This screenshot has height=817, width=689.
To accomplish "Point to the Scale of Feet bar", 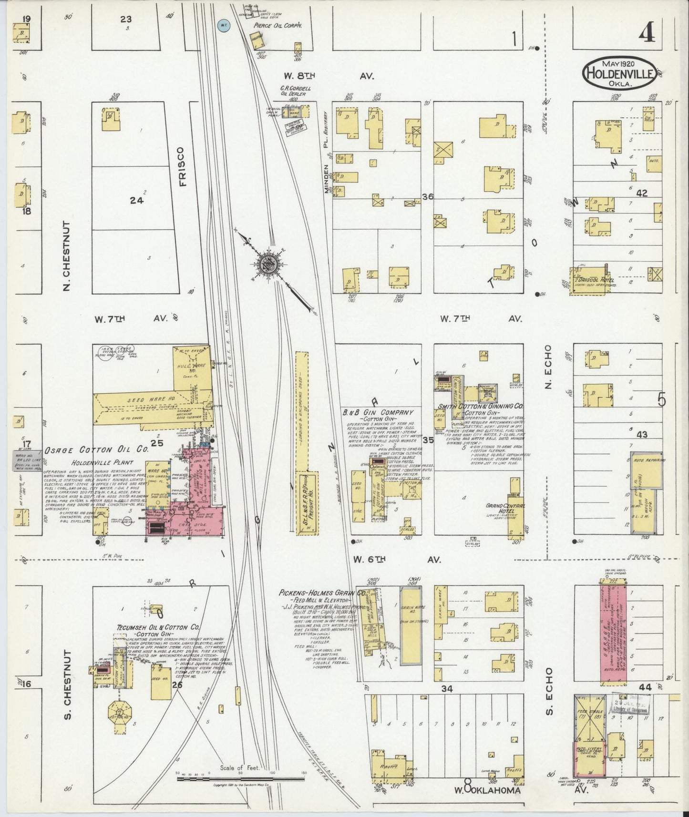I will [x=240, y=778].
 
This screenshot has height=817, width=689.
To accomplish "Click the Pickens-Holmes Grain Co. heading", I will [x=323, y=593].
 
